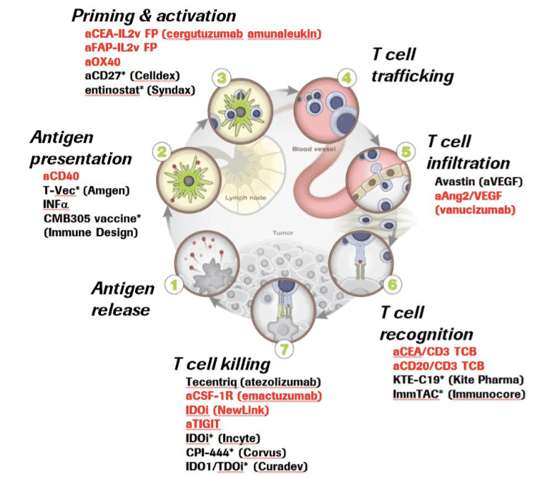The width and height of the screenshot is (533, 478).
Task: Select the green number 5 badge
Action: click(404, 151)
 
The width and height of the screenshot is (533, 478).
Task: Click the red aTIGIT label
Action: click(203, 424)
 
